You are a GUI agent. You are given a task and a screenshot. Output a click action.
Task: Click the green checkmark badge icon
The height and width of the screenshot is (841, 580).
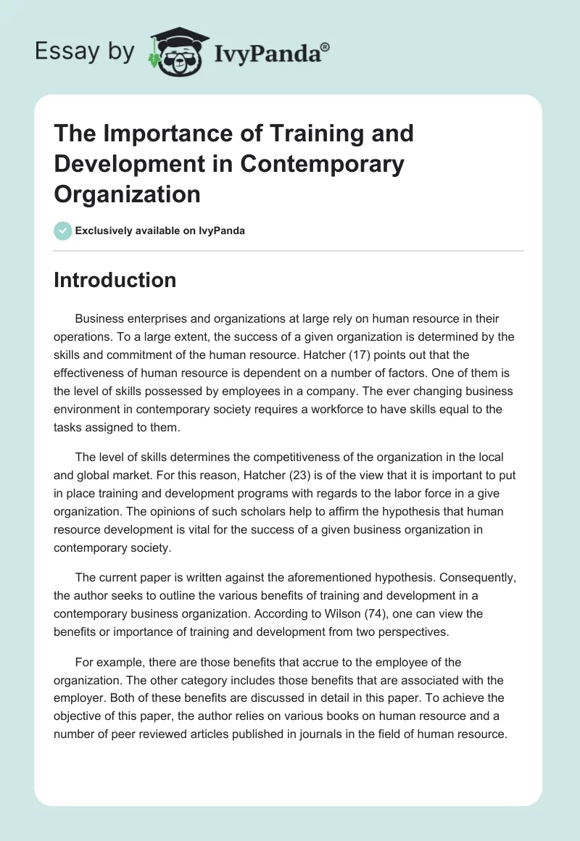point(62,231)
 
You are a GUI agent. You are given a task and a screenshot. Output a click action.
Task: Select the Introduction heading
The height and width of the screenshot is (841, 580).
point(115,280)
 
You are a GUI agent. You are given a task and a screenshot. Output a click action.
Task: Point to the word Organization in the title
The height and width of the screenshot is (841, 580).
point(127,194)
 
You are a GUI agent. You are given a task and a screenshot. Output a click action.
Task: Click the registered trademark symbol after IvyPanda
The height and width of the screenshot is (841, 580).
point(326,46)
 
